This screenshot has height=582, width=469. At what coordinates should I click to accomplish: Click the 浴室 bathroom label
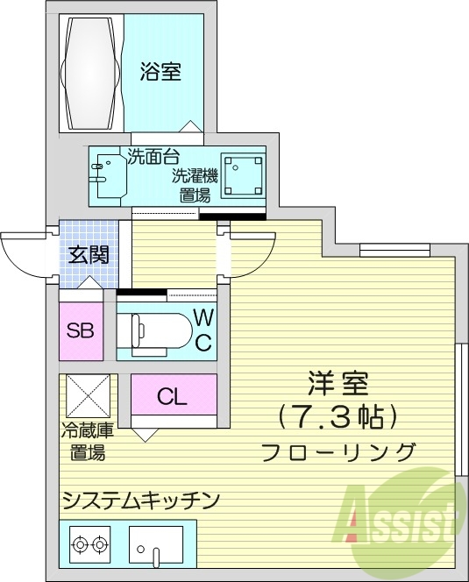pyautogui.click(x=160, y=73)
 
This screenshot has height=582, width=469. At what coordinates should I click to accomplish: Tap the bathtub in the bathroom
pyautogui.click(x=91, y=69)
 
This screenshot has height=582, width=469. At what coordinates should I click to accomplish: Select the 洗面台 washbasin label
pyautogui.click(x=153, y=158)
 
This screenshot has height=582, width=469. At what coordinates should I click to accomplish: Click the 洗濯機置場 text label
pyautogui.click(x=194, y=185)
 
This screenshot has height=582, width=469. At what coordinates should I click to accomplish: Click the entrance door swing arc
pyautogui.click(x=22, y=255)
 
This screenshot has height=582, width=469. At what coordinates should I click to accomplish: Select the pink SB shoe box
pyautogui.click(x=82, y=330)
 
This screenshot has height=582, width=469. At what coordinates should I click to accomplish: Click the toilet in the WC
pyautogui.click(x=158, y=331)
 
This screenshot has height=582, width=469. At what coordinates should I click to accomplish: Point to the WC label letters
pyautogui.click(x=203, y=330)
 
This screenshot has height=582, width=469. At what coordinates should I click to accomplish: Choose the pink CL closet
pyautogui.click(x=173, y=396)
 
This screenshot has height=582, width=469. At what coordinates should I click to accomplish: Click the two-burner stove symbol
pyautogui.click(x=90, y=544)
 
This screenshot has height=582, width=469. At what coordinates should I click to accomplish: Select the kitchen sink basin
pyautogui.click(x=156, y=545)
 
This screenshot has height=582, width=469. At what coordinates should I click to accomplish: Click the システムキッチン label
pyautogui.click(x=139, y=500)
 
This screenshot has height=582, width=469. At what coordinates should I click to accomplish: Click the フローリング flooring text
pyautogui.click(x=338, y=451)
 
